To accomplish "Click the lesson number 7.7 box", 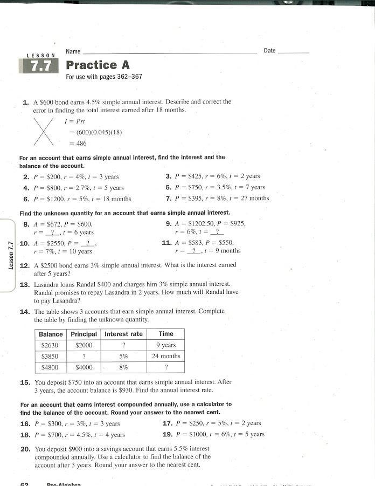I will pos(38,66).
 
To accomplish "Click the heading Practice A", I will pos(98,65).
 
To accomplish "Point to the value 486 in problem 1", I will pos(81,143).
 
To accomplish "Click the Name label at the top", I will pos(73,51).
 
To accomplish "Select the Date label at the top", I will pos(269,51).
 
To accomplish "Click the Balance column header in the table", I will pos(51,334).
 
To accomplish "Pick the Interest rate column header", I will pos(123,334).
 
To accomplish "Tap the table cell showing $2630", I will pos(50,345).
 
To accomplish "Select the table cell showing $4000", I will pos(84,367).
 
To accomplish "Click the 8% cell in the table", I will pos(123,367).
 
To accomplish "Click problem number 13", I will pos(24,284).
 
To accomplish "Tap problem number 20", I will pos(25,449).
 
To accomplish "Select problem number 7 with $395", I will pos(168,198).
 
